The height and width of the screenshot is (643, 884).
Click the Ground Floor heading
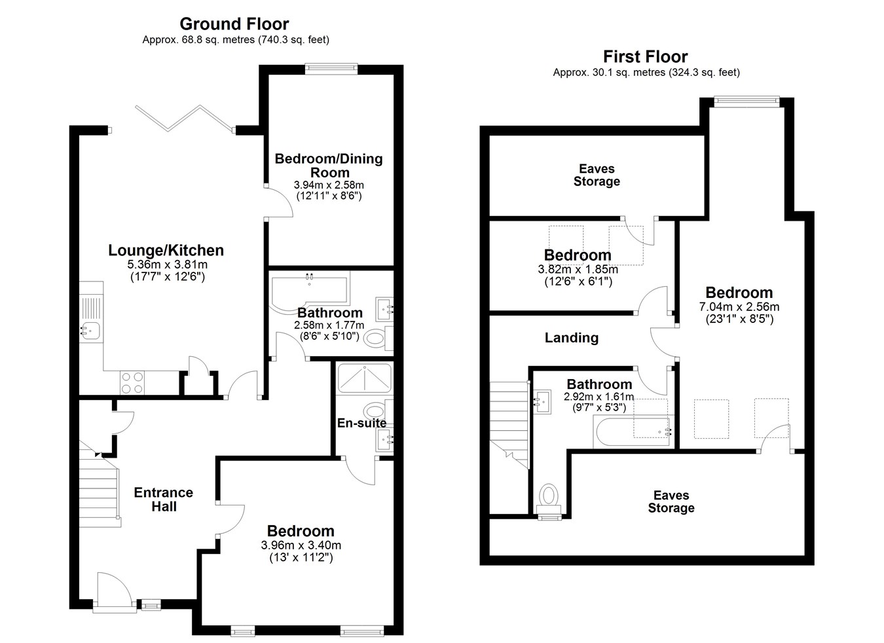coord(234,24)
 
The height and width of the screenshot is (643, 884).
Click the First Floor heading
coord(646,57)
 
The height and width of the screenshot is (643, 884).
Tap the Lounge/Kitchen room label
coord(166,250)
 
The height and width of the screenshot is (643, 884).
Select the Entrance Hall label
coord(164,500)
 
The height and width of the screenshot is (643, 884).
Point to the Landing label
coord(572,338)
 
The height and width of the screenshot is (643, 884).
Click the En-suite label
coord(361,423)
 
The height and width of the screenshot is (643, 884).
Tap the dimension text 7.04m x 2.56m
coord(739,306)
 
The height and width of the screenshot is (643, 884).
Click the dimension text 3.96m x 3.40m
coord(301,545)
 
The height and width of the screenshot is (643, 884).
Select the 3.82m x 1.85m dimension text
coord(578,270)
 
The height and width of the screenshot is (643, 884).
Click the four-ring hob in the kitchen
coord(132,383)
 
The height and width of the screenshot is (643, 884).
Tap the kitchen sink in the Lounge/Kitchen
coord(90,330)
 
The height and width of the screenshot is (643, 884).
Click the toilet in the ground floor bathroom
coord(378,339)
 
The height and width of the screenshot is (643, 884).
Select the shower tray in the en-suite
coord(364,378)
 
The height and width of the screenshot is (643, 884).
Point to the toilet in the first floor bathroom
coord(549,499)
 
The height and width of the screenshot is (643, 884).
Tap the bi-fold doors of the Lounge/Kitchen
coord(185,118)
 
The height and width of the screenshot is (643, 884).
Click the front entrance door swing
coord(114,588)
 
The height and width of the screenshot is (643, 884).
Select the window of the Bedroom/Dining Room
coord(331,69)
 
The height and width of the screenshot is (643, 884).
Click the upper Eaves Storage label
coord(597,175)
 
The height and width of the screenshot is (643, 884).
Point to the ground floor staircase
coord(100,485)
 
